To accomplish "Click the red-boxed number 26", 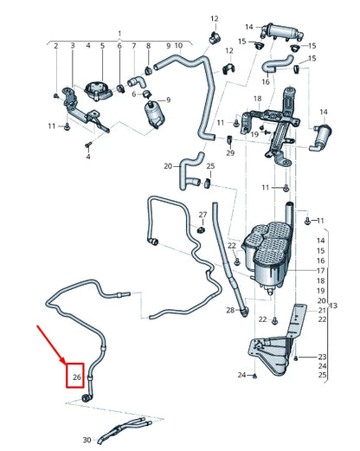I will coord(76,377).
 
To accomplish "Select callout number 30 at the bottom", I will coord(87,440).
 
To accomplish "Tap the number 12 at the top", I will coord(214,18).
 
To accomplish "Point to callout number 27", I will coord(202,214).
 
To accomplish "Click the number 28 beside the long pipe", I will coord(230,310).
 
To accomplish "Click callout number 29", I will coord(230,152).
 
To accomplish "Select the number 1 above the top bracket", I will coord(119,33).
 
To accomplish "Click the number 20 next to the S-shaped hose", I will coord(168,165).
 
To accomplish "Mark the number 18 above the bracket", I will coord(257,100).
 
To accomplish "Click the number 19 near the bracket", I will coord(254,135).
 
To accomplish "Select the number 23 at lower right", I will coord(322,357).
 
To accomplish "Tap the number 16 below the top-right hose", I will coord(265,81).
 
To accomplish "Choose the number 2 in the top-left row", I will coord(55,45).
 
